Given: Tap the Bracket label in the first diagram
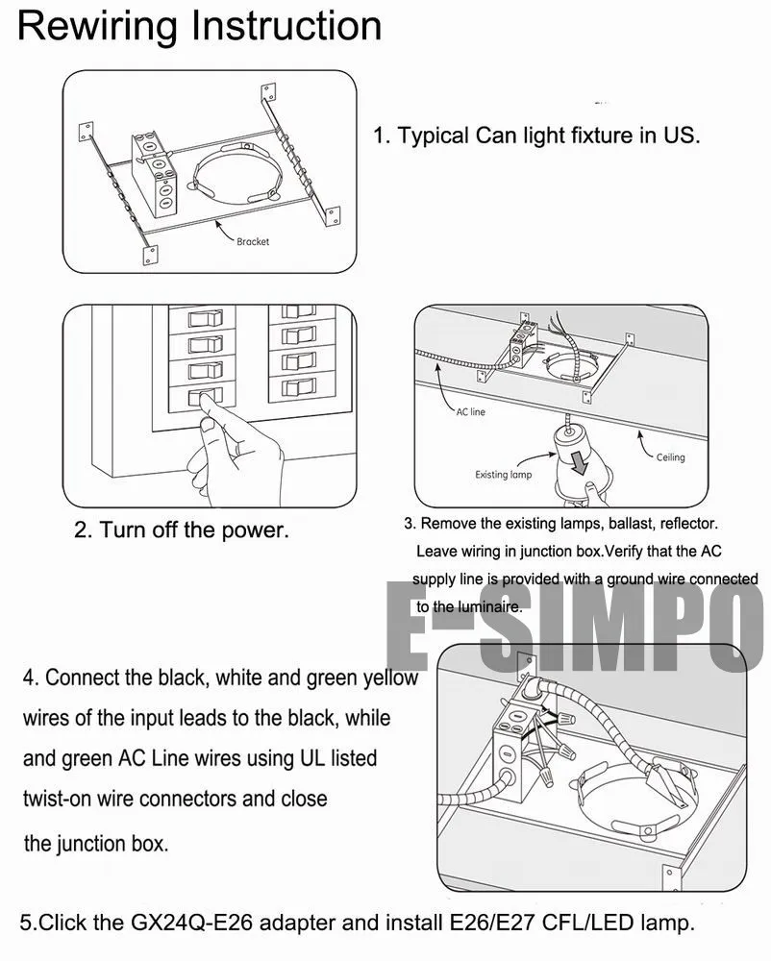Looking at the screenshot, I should pos(253,242).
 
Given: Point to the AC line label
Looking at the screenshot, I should pos(471,411).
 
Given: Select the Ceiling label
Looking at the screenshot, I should pos(670,457).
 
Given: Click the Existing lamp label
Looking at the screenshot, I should pos(503,475).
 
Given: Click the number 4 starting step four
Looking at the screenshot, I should pos(30,678).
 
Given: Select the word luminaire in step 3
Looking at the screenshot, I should pos(488,607).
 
